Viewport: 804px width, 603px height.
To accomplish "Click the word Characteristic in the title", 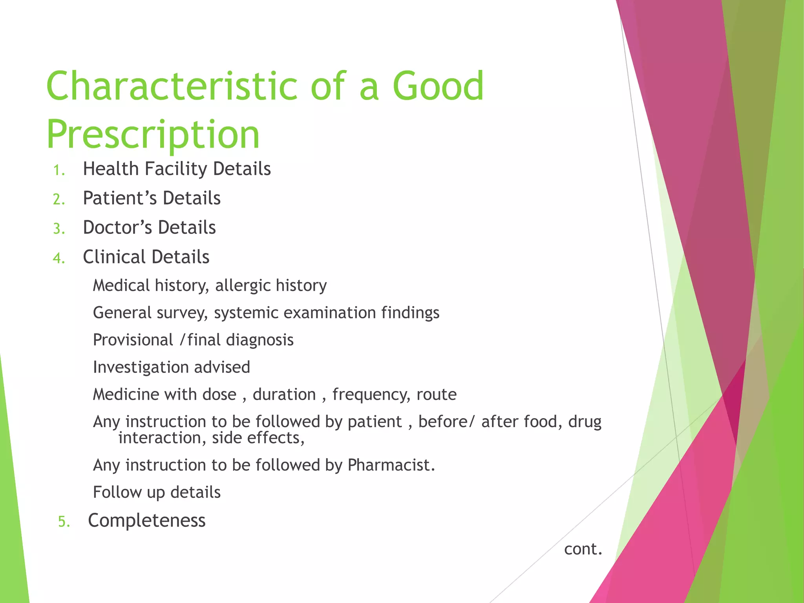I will click(x=172, y=86).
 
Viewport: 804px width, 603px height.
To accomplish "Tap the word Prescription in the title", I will click(x=153, y=135).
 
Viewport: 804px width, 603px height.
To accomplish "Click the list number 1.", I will click(x=59, y=170).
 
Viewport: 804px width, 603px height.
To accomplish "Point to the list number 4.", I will click(x=59, y=258).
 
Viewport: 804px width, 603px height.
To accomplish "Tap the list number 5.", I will click(x=64, y=522).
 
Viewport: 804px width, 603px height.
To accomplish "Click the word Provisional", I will click(x=133, y=340).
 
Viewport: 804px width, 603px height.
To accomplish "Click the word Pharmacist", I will click(x=391, y=465).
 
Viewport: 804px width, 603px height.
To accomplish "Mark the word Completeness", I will click(x=146, y=521).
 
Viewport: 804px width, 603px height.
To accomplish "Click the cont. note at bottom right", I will click(x=583, y=549).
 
